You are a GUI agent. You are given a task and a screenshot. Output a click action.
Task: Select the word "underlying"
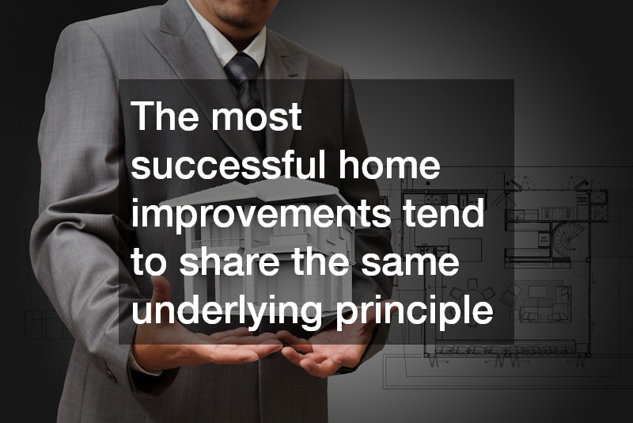pos(225,312)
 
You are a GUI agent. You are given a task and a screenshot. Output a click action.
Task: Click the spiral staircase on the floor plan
pos(549,238)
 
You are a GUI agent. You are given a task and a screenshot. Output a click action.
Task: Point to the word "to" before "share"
pos(146,264)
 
